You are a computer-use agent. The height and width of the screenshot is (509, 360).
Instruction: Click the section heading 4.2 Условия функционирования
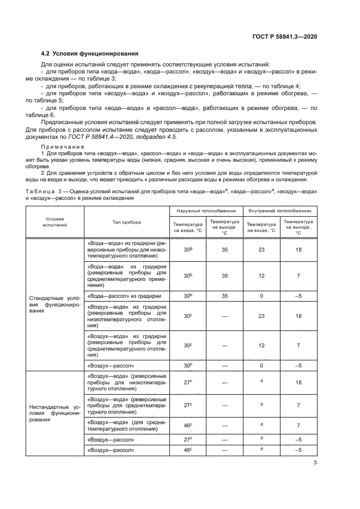[x=90, y=53]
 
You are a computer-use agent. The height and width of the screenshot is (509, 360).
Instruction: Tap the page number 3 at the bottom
[x=315, y=464]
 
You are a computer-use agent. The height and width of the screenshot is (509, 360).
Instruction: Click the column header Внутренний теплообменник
[x=280, y=210]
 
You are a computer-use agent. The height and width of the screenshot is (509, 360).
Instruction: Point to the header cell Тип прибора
[x=127, y=222]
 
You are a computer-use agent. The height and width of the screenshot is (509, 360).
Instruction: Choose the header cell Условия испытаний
[x=54, y=222]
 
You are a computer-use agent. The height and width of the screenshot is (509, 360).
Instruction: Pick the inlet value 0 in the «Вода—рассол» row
[x=261, y=296]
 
